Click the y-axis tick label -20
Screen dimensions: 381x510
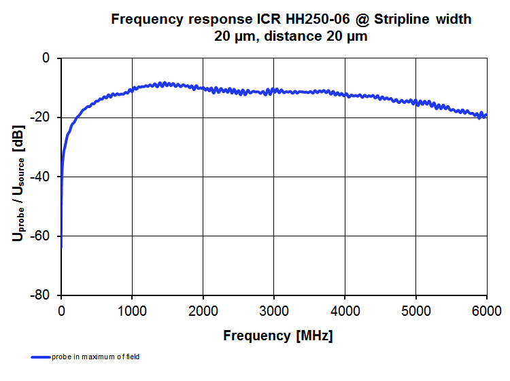tap(42, 118)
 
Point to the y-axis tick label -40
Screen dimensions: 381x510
tap(42, 177)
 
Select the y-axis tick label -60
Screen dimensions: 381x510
tap(42, 236)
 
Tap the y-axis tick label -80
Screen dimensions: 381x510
tap(42, 295)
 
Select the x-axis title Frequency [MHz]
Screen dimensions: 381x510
tap(277, 335)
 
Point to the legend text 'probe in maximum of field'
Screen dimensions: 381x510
tap(95, 357)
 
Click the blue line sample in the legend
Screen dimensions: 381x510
tap(41, 357)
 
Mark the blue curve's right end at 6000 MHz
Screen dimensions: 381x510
tap(486, 114)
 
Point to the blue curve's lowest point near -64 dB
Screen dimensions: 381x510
tap(61, 247)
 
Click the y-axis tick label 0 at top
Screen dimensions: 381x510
tap(46, 59)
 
